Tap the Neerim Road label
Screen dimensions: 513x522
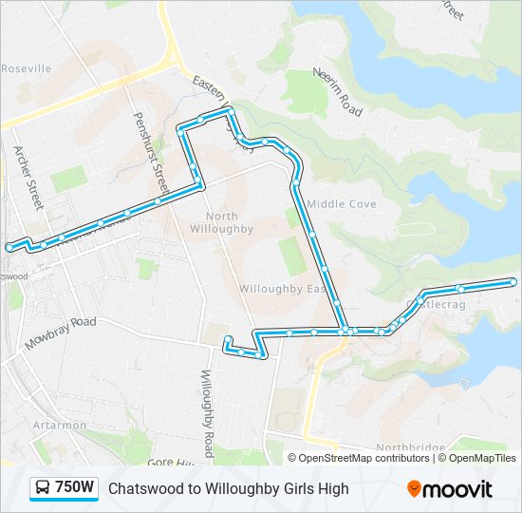[x=339, y=92]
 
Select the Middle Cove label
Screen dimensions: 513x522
[x=342, y=204]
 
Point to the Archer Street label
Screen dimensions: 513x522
[x=28, y=176]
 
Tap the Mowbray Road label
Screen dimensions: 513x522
[x=61, y=333]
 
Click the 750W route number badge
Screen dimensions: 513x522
[x=75, y=488]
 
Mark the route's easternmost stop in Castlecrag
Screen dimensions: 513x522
[x=513, y=281]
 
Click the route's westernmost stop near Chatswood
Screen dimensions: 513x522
[x=9, y=247]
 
